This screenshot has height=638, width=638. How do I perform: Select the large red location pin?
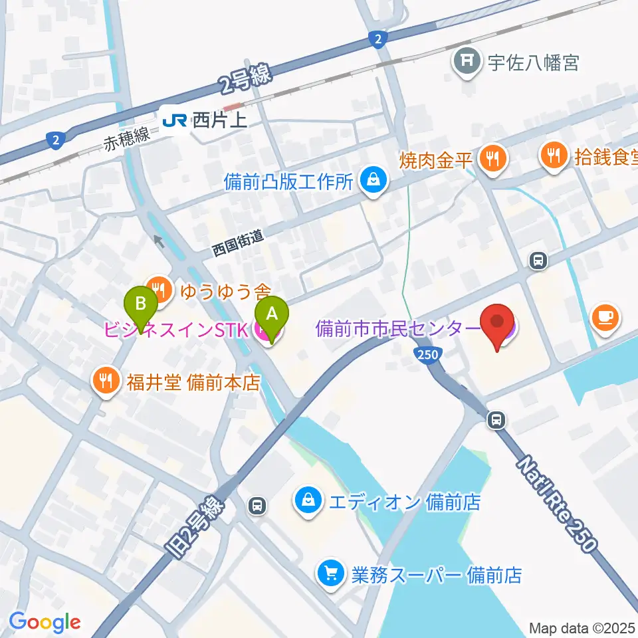[x=498, y=325]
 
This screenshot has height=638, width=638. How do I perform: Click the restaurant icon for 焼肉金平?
[x=492, y=158]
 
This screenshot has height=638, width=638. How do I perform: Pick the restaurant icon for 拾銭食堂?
[x=554, y=157]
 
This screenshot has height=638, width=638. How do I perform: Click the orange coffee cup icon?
[x=605, y=317]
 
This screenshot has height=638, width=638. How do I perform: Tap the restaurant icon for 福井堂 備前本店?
[x=106, y=382]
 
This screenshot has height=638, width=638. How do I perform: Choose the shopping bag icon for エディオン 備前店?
[x=308, y=500]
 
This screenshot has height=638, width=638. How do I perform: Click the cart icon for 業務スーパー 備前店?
[x=330, y=574]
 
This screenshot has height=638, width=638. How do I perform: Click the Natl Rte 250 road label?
[x=556, y=502]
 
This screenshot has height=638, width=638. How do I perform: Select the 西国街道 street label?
[x=238, y=243]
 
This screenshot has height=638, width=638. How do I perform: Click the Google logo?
[x=45, y=622]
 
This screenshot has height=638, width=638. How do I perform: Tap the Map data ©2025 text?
[x=582, y=627]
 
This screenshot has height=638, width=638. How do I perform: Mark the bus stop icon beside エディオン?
[x=257, y=506]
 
